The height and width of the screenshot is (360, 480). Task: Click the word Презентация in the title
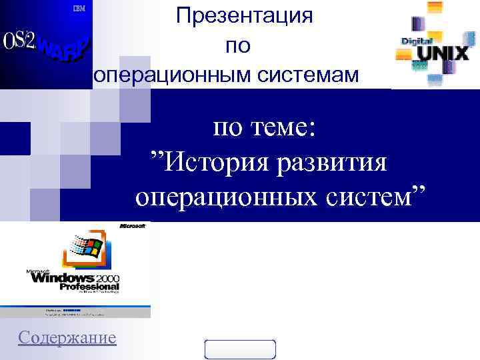(x=245, y=16)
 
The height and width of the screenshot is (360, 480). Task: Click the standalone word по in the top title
(x=238, y=46)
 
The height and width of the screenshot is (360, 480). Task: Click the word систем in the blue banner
(x=380, y=197)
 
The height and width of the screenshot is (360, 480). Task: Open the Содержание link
(x=67, y=337)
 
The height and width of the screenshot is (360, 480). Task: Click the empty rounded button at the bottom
(x=240, y=349)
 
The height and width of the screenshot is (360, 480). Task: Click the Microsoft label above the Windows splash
(x=132, y=227)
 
